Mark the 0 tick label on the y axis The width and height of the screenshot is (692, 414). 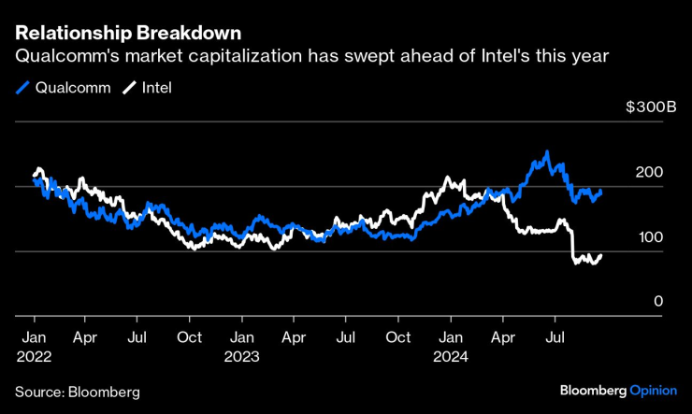click(658, 302)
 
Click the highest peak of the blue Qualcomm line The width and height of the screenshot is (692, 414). click(547, 152)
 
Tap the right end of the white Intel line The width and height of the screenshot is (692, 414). click(600, 255)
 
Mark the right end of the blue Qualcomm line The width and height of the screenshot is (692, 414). click(600, 191)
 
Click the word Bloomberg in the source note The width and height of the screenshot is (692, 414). click(103, 391)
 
